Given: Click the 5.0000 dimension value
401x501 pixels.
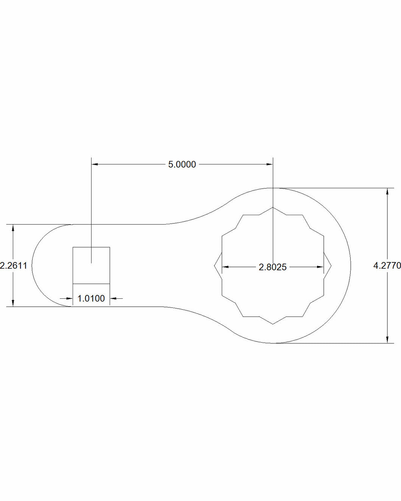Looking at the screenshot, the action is click(x=182, y=164).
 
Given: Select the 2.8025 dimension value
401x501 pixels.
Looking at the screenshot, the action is click(x=273, y=267).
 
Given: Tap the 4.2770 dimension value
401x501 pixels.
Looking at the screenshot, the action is click(x=387, y=265).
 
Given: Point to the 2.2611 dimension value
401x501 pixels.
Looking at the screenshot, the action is click(x=14, y=265).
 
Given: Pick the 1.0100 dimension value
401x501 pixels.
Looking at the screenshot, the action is click(x=91, y=298).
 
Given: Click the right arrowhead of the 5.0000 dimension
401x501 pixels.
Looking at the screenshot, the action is click(x=270, y=164).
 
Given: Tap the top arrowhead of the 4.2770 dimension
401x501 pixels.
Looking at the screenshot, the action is click(x=387, y=191).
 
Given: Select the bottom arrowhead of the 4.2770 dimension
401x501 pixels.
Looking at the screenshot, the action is click(x=387, y=340).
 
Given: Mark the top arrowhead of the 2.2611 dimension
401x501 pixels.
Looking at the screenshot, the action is click(x=13, y=228).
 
